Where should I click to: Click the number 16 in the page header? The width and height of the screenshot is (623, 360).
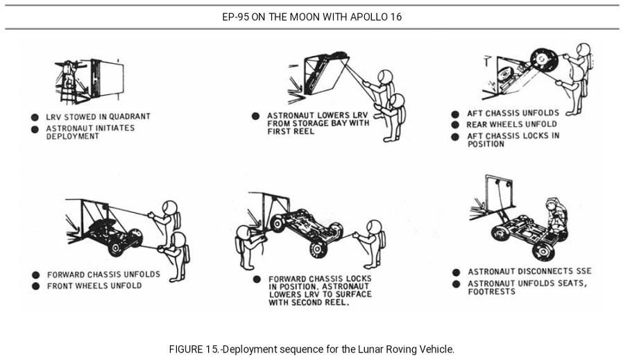(395, 17)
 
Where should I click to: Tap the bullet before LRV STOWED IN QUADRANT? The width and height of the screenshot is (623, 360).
(34, 117)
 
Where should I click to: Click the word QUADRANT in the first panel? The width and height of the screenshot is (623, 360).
(126, 117)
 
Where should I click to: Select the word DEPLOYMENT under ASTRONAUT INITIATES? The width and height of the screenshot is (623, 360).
(72, 136)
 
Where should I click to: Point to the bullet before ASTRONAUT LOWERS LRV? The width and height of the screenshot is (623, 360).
(255, 115)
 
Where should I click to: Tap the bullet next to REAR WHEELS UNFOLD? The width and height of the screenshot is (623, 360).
(455, 125)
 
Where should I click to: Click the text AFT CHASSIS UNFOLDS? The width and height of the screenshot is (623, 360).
(513, 114)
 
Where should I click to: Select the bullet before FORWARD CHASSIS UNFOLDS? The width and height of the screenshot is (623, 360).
(35, 275)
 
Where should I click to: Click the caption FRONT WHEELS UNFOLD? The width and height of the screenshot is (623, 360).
(94, 285)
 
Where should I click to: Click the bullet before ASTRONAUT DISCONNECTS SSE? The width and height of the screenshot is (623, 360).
(456, 272)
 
